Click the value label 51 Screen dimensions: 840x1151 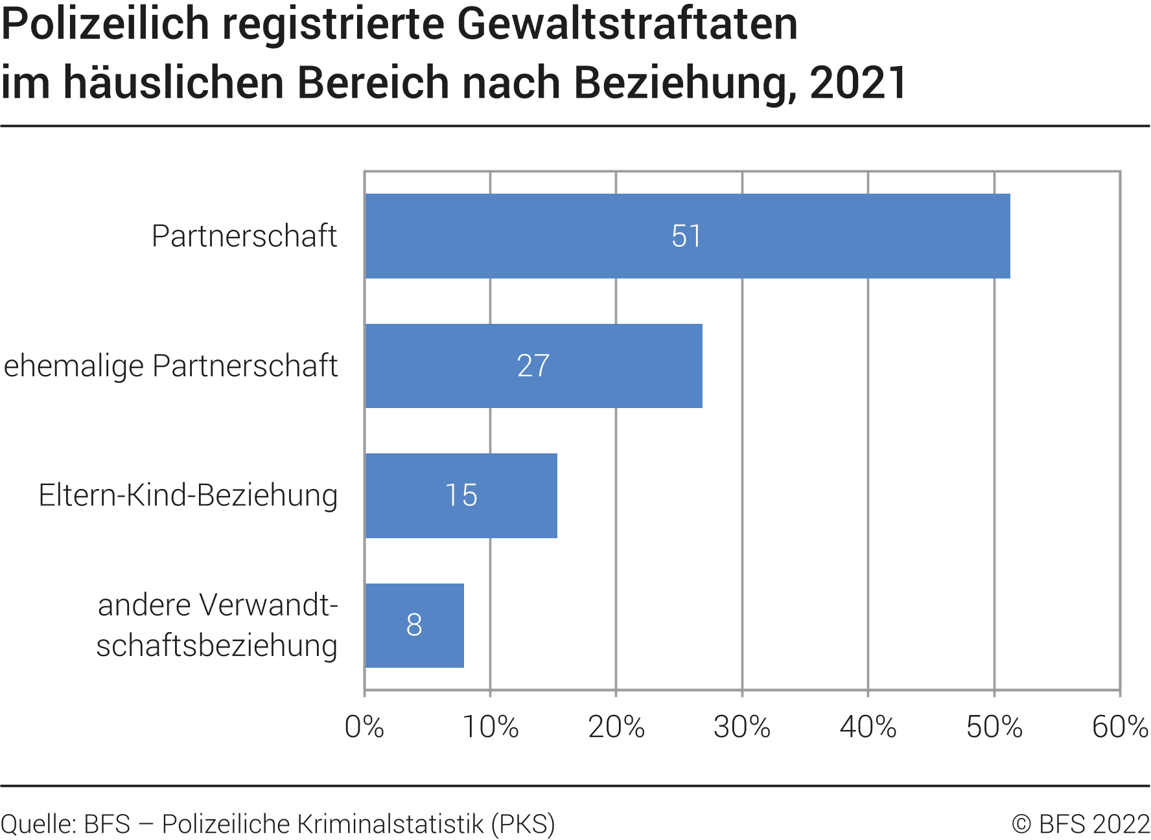686,236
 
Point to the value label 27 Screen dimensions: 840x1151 533,367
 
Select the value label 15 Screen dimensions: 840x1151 461,496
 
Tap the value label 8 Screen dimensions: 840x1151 414,626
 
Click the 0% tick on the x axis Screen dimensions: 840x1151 364,727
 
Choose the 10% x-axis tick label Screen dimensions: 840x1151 490,727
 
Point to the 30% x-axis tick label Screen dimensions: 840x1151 742,727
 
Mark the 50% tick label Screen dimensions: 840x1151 994,727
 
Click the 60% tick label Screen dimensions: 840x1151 1120,727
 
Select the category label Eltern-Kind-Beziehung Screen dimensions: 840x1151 188,495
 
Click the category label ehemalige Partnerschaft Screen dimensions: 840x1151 170,366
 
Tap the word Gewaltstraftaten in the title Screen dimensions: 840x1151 627,25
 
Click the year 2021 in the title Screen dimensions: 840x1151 858,83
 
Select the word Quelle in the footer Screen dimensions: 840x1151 38,824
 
